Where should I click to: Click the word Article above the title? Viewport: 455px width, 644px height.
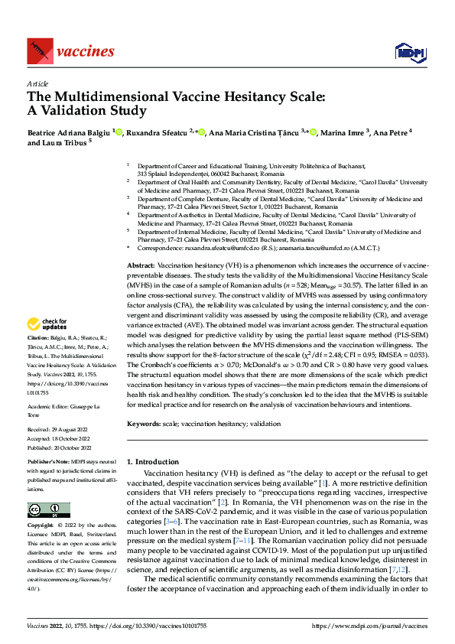[37, 83]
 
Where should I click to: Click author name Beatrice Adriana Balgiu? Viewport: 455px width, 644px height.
[69, 132]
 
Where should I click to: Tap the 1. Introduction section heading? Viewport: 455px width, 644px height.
[152, 462]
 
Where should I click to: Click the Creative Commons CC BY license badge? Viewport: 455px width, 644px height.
[48, 511]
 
